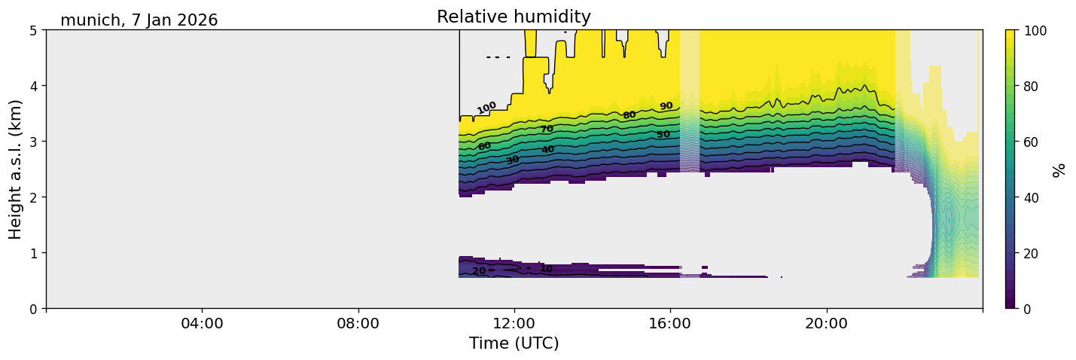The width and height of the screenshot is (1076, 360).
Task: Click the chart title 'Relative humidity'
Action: pyautogui.click(x=514, y=17)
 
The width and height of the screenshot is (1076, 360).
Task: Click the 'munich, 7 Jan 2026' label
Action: pyautogui.click(x=139, y=20)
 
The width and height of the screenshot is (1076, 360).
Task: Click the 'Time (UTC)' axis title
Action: pyautogui.click(x=514, y=343)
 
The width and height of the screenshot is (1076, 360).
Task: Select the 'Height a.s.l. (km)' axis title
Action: pyautogui.click(x=16, y=169)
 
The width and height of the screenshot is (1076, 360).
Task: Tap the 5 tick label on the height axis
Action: pyautogui.click(x=34, y=30)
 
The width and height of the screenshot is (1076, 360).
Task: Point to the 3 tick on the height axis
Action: pyautogui.click(x=34, y=142)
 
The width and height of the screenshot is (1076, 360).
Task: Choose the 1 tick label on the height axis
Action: pyautogui.click(x=34, y=253)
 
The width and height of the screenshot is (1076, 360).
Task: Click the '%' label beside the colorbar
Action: pyautogui.click(x=1059, y=169)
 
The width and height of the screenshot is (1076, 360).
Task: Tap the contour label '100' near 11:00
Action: pyautogui.click(x=486, y=108)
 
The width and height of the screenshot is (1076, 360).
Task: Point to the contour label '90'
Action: pyautogui.click(x=666, y=106)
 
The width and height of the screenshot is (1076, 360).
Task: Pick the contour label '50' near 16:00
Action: pyautogui.click(x=663, y=135)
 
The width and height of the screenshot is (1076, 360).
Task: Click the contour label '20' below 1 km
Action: pyautogui.click(x=479, y=271)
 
